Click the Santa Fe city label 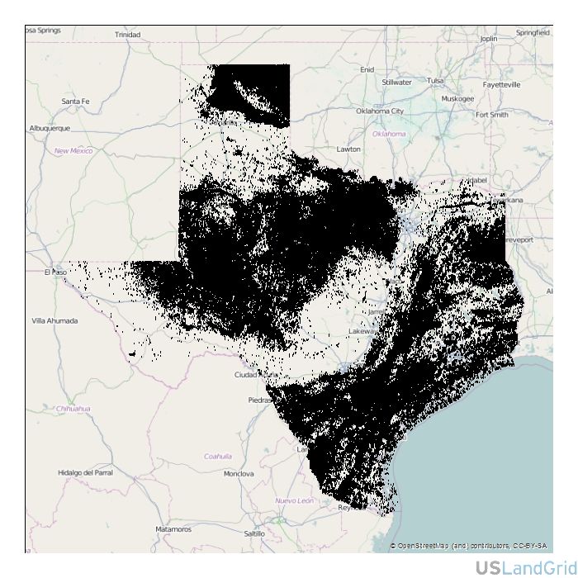click(x=75, y=102)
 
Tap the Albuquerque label click(x=50, y=128)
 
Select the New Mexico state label click(x=73, y=151)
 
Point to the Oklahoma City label click(x=380, y=111)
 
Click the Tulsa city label click(x=435, y=81)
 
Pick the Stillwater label click(x=396, y=83)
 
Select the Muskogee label click(x=457, y=98)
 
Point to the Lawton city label click(x=348, y=149)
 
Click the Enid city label click(x=367, y=69)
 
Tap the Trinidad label click(x=127, y=35)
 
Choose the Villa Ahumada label click(x=54, y=320)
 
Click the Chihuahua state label click(x=73, y=409)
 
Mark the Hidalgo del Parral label click(x=85, y=473)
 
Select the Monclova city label click(x=239, y=474)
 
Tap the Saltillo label click(x=254, y=533)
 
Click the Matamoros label click(x=173, y=529)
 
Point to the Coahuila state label click(x=218, y=456)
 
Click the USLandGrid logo click(x=526, y=567)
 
